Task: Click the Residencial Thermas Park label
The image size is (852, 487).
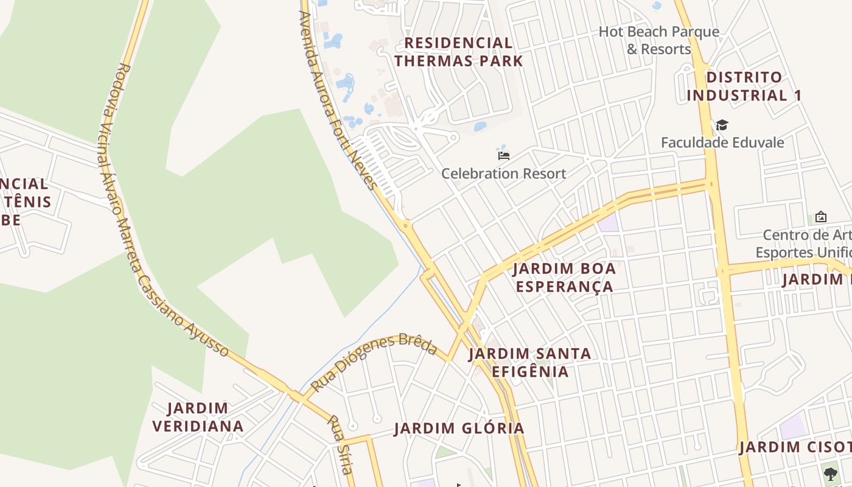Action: (x=458, y=52)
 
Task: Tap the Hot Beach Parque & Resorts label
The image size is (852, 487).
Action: (x=659, y=40)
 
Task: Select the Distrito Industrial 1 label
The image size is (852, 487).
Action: (x=744, y=86)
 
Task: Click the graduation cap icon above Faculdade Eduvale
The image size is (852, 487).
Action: (x=722, y=125)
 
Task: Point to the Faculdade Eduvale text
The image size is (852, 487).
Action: (x=722, y=142)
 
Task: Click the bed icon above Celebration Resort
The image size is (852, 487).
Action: (x=504, y=156)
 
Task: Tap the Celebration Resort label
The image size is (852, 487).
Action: (x=503, y=173)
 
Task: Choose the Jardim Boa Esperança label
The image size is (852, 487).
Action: (x=564, y=278)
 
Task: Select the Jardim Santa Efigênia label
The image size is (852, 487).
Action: (x=529, y=362)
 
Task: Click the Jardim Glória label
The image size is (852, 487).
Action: (x=459, y=428)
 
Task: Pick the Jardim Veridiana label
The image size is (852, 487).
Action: (x=198, y=417)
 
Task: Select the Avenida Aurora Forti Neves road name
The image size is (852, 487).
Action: (x=336, y=100)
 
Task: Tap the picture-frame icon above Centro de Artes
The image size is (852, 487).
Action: (x=820, y=217)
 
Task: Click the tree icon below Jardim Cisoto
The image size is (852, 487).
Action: (x=830, y=473)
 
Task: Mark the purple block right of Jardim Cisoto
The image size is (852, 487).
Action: (x=792, y=426)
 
